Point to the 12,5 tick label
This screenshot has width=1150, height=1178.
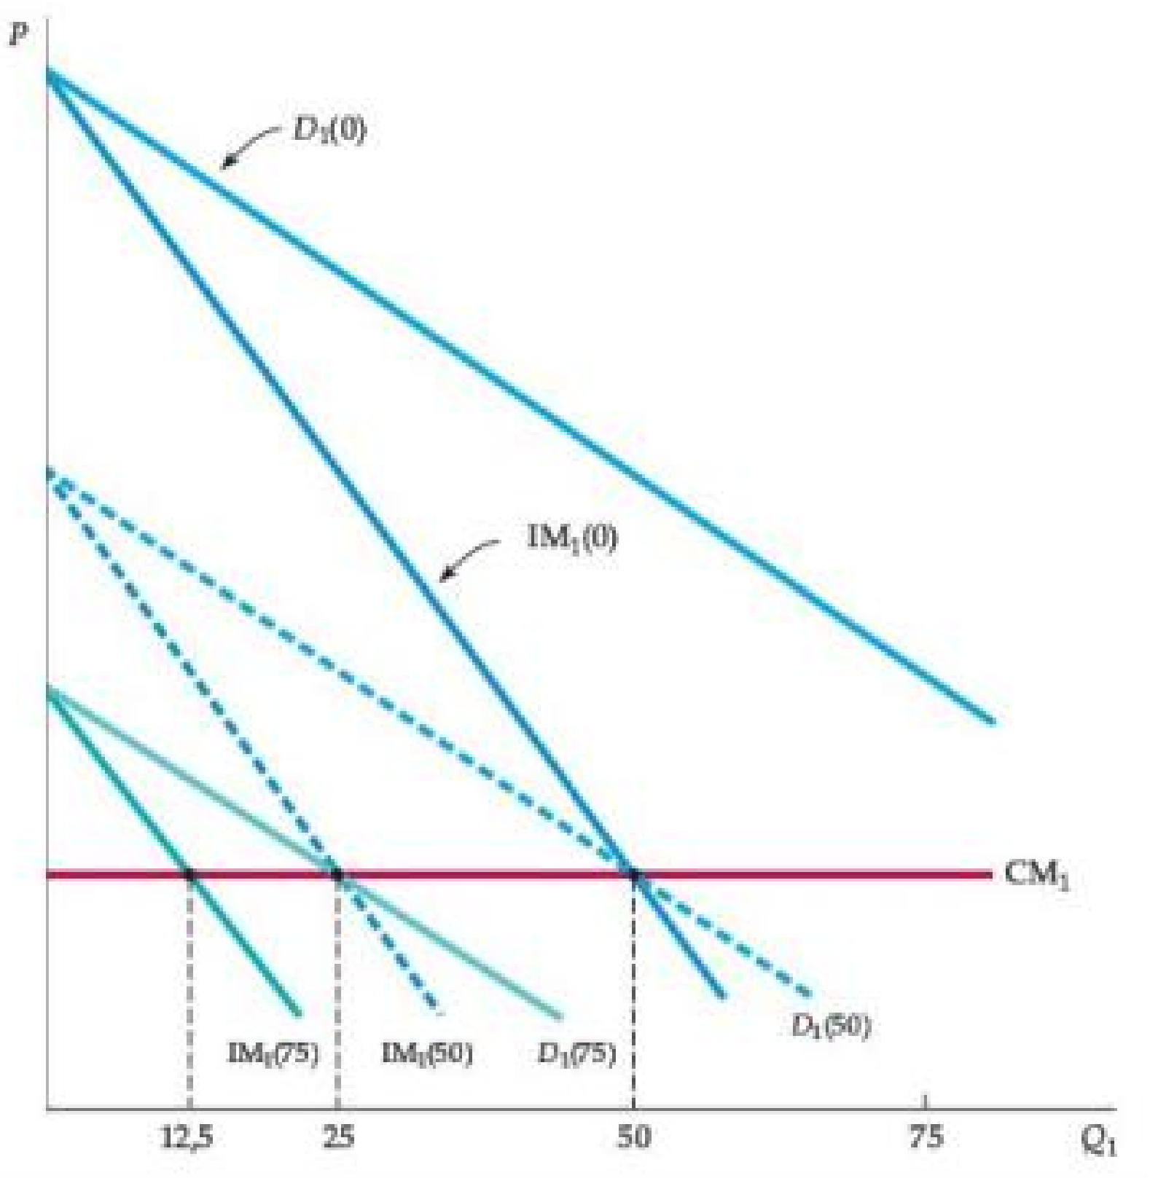187,1137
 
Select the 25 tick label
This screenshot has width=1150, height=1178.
338,1137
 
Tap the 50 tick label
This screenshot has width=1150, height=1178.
633,1137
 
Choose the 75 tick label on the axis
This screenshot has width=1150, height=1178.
926,1137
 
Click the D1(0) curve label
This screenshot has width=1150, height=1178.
329,130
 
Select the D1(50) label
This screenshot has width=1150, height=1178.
831,1026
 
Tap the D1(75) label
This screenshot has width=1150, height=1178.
576,1053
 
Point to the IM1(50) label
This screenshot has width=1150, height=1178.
427,1053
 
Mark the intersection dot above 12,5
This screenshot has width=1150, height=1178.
189,873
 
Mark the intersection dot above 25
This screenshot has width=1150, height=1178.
337,873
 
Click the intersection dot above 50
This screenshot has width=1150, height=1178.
634,873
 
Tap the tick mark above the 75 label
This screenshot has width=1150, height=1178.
926,1101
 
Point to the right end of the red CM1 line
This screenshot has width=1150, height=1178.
990,873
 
